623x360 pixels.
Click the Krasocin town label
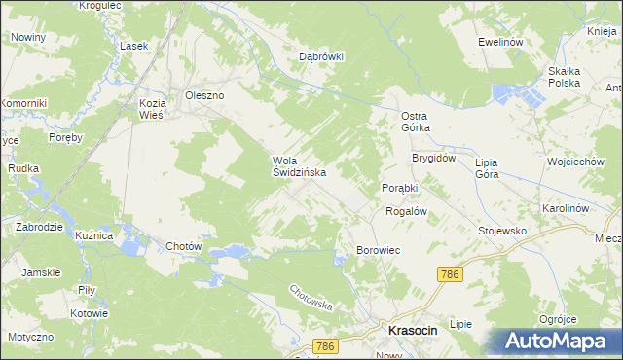coord(413,331)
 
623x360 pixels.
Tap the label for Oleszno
coord(205,95)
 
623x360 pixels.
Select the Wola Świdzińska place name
coord(299,166)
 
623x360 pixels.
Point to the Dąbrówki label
coord(322,56)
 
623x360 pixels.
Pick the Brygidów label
coord(433,158)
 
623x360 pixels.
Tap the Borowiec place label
coord(379,250)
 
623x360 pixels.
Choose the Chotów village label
coord(184,246)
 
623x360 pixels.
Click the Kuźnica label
coord(95,236)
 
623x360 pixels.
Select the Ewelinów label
coord(501,43)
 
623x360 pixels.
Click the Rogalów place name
coord(407,210)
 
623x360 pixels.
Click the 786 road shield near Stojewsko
coord(449,275)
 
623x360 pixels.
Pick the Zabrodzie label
coord(40,227)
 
